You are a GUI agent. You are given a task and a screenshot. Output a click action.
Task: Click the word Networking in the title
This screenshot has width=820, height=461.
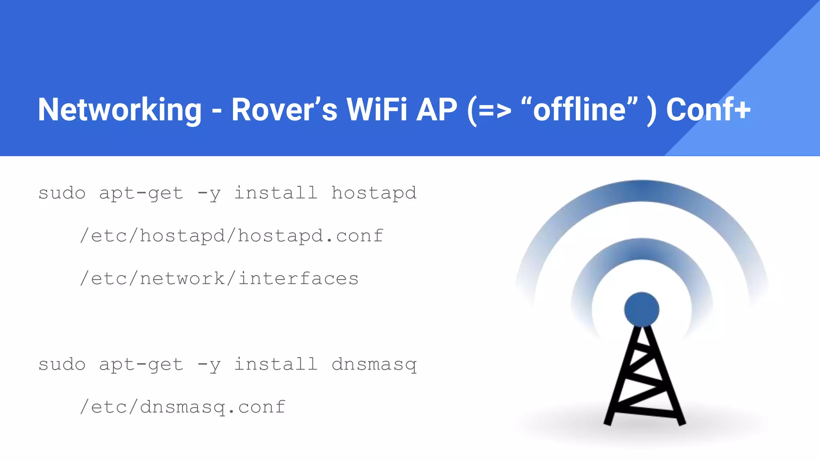[120, 110]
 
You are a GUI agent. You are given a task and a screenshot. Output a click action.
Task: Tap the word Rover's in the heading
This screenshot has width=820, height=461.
[284, 109]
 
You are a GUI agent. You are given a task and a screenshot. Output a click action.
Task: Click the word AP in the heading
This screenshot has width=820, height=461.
[436, 109]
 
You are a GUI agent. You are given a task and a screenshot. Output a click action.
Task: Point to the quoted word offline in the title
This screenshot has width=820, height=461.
[579, 109]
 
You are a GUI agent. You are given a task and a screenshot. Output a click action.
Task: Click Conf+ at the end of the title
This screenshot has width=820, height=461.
[708, 109]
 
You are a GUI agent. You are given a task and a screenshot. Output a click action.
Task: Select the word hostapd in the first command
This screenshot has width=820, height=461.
[374, 193]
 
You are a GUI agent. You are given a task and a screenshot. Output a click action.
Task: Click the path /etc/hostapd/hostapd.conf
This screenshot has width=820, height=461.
[231, 236]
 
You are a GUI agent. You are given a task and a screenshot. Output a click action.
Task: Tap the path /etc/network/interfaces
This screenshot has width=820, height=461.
[219, 279]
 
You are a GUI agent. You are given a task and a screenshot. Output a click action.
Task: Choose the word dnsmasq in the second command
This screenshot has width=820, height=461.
[374, 365]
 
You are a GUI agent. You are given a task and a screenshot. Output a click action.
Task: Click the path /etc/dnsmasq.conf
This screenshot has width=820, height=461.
[183, 407]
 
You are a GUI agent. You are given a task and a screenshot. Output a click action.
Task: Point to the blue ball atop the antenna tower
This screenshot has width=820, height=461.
[641, 309]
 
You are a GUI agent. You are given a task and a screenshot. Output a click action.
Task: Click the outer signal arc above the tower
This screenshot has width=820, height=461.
[641, 191]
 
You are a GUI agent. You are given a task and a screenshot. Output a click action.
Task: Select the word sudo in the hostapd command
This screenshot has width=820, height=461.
[62, 193]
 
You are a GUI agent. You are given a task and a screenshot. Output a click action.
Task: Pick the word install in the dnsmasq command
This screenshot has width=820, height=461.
[275, 365]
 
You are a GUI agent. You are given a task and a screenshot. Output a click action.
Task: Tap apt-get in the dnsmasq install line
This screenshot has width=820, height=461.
[141, 365]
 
